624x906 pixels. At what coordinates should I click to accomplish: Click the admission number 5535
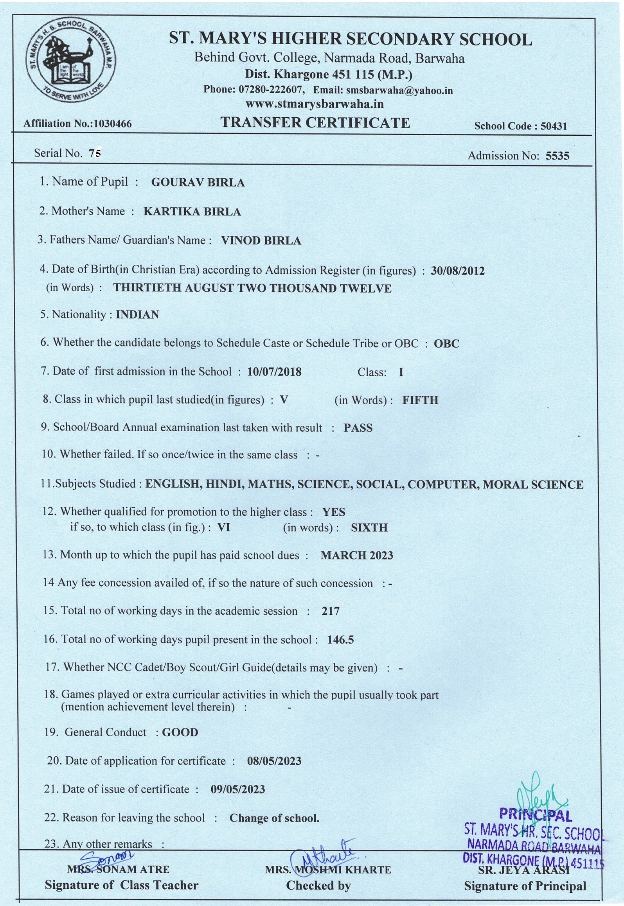pos(557,156)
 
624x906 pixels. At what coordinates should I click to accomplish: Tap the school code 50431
pos(554,126)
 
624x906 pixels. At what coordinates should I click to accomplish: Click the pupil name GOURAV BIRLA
pos(198,183)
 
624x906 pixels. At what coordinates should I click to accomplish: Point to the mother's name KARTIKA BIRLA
pos(192,212)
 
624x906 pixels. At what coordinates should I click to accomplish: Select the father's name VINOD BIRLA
pos(261,240)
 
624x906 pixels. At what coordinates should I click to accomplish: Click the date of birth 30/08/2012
pos(457,271)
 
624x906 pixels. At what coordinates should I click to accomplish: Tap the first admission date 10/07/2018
pos(274,371)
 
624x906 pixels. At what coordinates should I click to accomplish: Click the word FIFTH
pos(420,400)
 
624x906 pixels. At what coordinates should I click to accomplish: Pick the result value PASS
pos(358,428)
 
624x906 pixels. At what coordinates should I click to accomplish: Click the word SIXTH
pos(369,527)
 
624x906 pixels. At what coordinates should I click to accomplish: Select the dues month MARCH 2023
pos(356,555)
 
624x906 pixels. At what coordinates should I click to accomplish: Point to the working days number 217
pos(330,611)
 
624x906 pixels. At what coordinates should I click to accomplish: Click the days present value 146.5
pos(340,640)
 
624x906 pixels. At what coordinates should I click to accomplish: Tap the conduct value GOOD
pos(180,732)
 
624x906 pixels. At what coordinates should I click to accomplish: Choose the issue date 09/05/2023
pos(237,789)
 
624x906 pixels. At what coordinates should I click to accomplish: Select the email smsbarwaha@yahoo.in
pos(399,90)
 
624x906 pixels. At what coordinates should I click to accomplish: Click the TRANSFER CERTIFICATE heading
pos(315,122)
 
